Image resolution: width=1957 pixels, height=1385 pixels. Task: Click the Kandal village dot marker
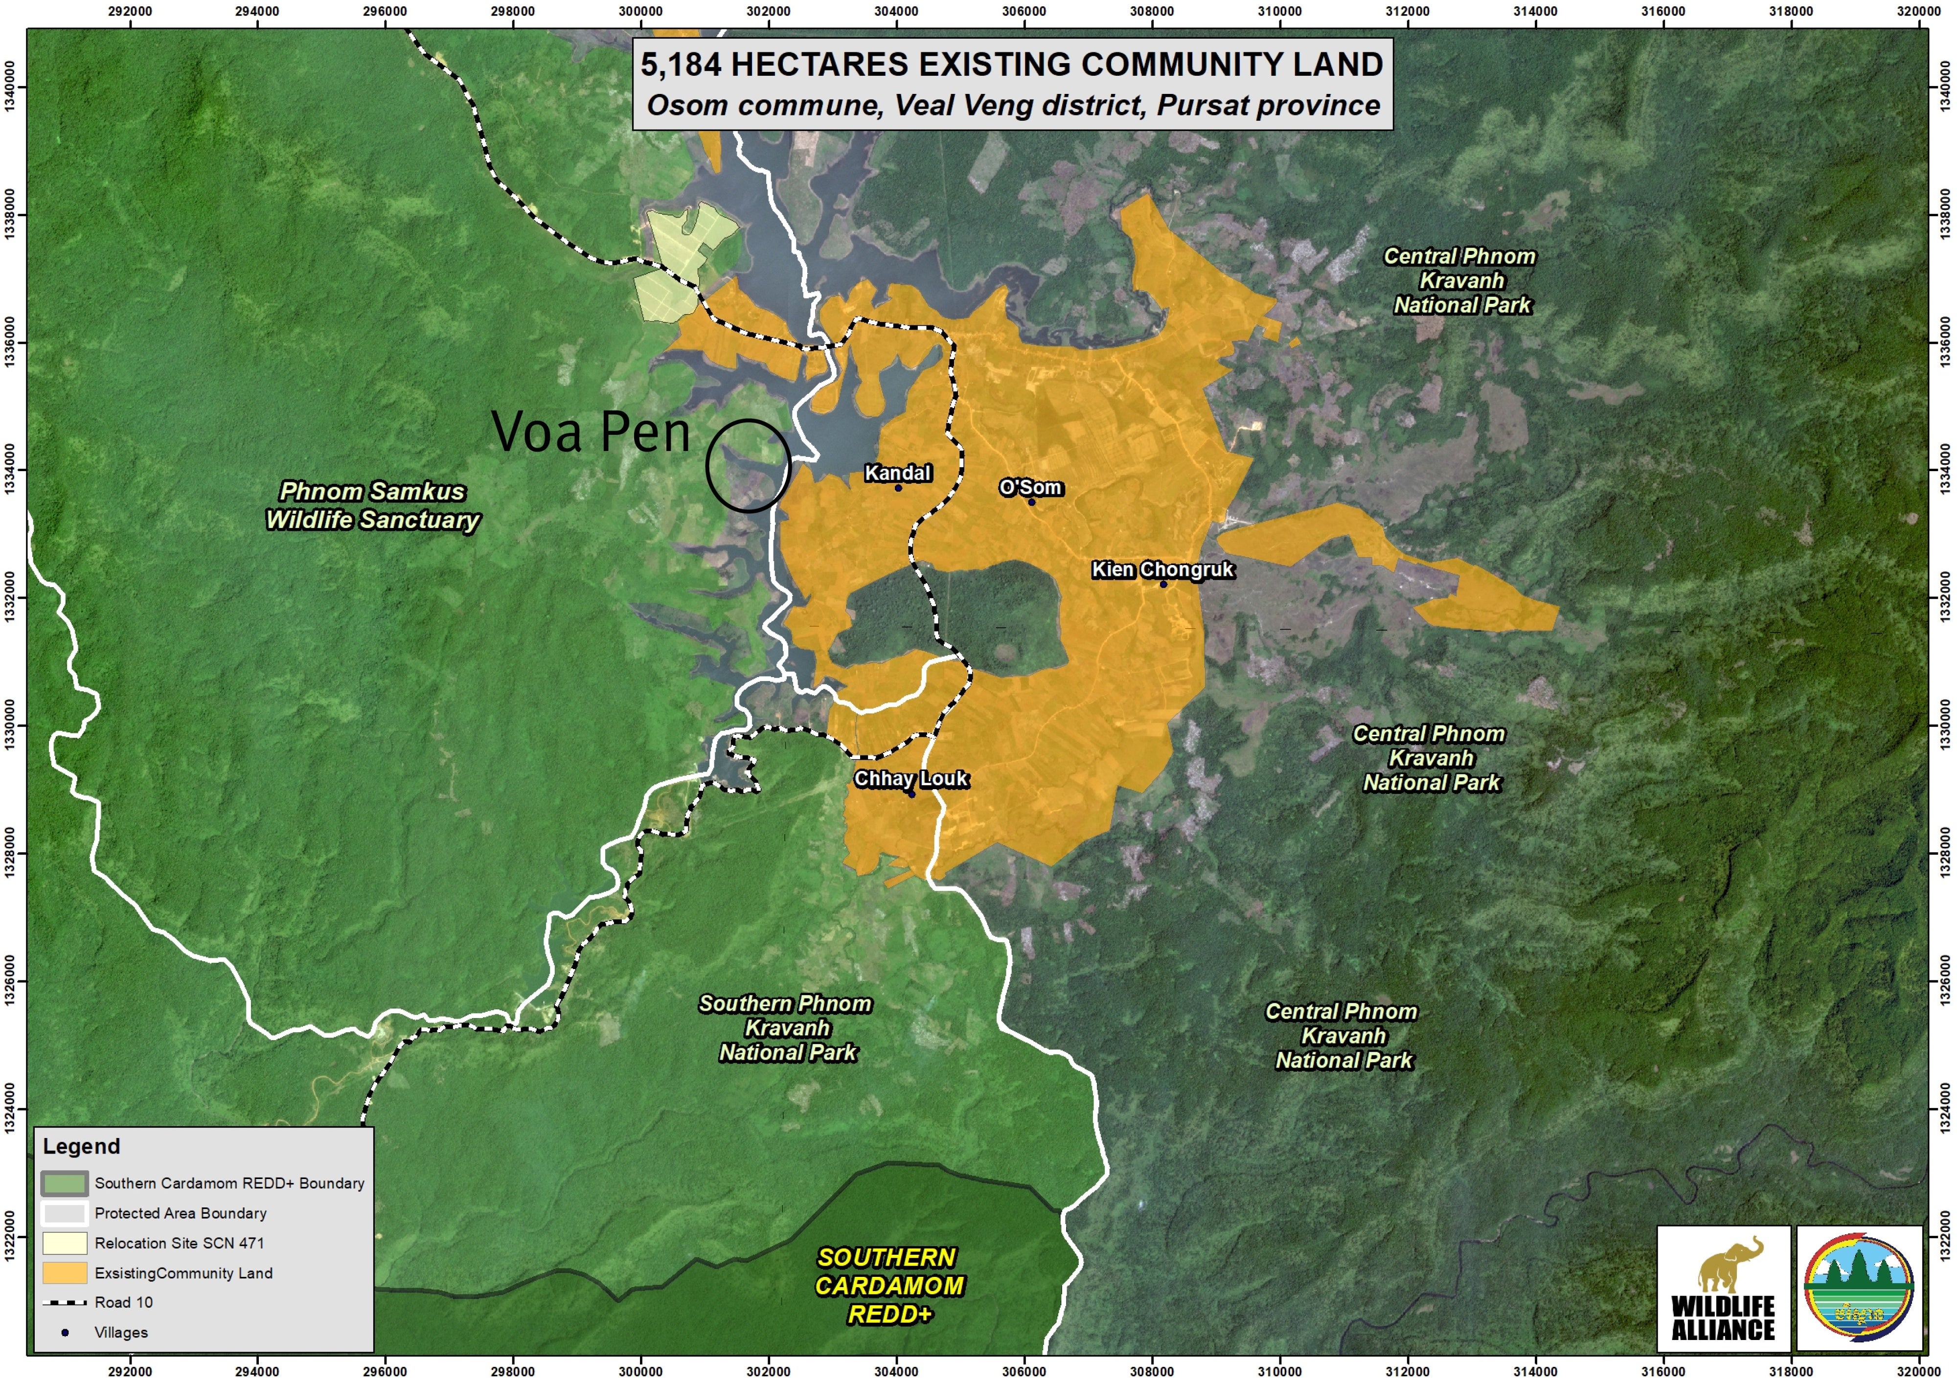click(898, 488)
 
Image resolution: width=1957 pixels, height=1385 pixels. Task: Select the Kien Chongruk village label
click(1162, 569)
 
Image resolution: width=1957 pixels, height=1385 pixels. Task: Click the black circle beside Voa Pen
click(748, 466)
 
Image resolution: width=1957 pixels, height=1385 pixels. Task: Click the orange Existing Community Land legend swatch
click(65, 1273)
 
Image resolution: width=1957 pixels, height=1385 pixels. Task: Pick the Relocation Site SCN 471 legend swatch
click(65, 1244)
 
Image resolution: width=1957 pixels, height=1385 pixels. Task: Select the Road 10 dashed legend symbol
click(65, 1302)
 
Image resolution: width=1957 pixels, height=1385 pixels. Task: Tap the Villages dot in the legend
click(65, 1332)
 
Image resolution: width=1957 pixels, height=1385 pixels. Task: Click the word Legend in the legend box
click(82, 1146)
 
